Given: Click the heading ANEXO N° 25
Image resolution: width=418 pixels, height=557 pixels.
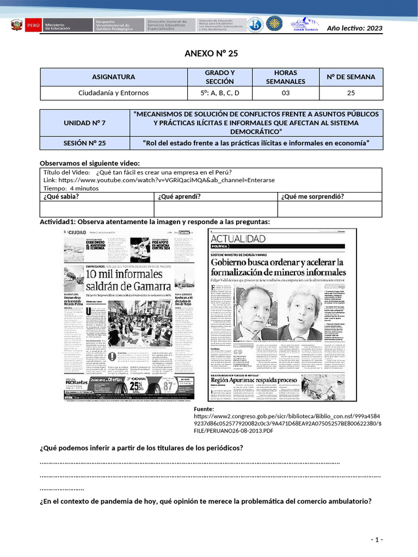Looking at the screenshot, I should pos(211,53).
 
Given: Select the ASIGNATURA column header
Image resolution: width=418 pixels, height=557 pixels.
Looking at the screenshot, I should pos(113,77).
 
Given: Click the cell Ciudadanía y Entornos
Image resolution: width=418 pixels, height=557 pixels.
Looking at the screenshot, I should pos(113,93).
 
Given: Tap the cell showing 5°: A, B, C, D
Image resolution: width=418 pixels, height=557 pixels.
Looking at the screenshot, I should pos(219,93).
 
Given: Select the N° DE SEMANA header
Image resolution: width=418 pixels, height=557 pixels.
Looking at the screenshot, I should pos(351,77).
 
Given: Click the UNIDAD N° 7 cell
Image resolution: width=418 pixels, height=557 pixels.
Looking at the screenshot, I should pos(84,123).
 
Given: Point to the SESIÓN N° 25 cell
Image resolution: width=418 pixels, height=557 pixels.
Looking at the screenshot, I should pos(84,143).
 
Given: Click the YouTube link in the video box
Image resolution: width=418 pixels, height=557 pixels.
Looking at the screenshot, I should pos(159,180).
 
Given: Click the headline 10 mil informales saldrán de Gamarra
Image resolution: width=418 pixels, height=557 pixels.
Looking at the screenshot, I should pos(128,280).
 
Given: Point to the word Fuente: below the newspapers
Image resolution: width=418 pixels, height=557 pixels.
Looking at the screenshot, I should pos(205,409).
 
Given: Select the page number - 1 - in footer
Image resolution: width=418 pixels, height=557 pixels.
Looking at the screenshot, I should pos(377,539).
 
